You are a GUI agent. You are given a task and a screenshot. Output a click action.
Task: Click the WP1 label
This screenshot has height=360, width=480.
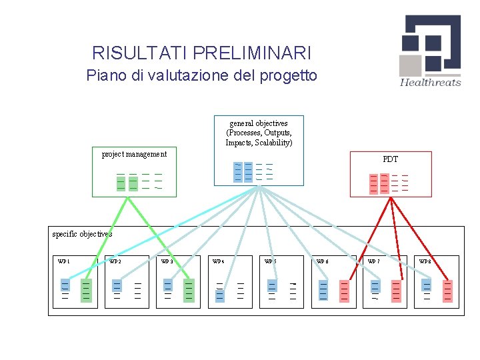(x=64, y=262)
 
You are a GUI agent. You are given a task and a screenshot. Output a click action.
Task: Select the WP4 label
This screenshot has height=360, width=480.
(x=218, y=262)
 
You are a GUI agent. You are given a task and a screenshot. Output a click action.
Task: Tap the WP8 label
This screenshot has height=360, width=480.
(x=425, y=262)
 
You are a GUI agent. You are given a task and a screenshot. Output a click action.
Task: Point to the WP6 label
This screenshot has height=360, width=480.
(x=322, y=262)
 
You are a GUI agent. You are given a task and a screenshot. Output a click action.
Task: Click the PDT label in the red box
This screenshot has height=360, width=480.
(x=391, y=159)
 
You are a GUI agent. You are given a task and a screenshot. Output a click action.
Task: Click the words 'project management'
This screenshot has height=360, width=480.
(x=134, y=154)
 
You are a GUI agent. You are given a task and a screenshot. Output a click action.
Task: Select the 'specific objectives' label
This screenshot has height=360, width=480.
(x=82, y=234)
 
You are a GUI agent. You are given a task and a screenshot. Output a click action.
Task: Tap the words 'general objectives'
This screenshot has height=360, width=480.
(x=259, y=123)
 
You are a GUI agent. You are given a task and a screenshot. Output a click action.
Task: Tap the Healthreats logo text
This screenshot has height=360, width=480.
(x=430, y=83)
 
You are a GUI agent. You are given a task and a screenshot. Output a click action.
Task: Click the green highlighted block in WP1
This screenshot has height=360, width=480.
(x=86, y=291)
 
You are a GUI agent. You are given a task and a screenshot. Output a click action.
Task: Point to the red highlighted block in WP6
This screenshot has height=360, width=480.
(x=344, y=291)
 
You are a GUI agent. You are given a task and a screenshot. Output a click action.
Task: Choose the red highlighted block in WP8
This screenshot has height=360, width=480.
(x=447, y=291)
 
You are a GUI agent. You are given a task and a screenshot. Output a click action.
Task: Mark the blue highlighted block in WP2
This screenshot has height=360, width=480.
(x=117, y=286)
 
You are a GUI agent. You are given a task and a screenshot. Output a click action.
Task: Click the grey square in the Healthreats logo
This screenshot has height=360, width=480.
(x=410, y=65)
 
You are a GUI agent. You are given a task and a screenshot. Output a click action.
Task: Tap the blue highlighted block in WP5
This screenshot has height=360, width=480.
(x=271, y=286)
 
